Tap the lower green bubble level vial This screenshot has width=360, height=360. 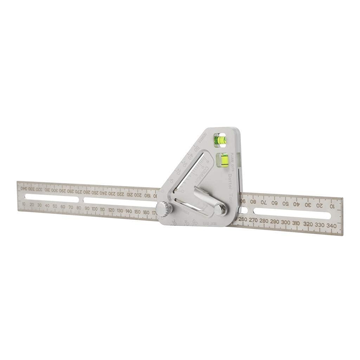(x=224, y=160)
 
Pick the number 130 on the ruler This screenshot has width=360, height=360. (x=120, y=211)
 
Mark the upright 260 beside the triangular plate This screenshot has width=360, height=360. (x=243, y=219)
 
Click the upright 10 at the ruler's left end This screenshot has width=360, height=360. (x=24, y=204)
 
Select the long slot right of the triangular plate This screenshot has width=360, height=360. (x=292, y=213)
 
